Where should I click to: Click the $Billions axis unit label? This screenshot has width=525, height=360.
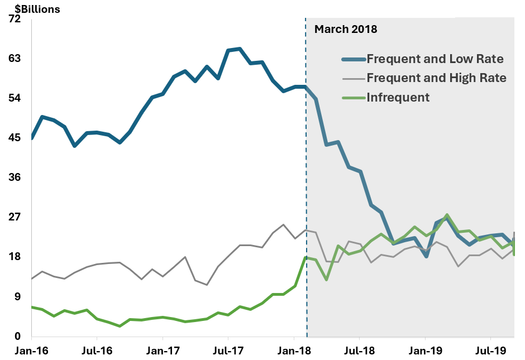click(x=34, y=9)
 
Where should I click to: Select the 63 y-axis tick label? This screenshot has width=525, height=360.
click(x=15, y=59)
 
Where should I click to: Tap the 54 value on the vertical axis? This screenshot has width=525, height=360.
click(x=15, y=98)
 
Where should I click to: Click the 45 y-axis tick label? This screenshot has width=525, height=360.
click(x=15, y=138)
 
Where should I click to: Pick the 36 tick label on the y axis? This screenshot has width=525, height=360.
click(x=15, y=177)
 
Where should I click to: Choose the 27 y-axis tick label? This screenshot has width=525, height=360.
click(x=15, y=217)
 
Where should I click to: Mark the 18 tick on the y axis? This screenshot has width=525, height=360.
click(x=15, y=257)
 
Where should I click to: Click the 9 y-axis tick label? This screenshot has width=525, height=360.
click(x=17, y=296)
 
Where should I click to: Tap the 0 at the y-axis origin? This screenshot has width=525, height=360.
click(x=17, y=336)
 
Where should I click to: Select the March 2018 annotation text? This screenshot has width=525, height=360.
click(x=346, y=29)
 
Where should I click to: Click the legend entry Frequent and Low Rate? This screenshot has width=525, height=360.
click(x=435, y=59)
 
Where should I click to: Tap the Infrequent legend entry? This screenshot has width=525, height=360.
click(x=398, y=97)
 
